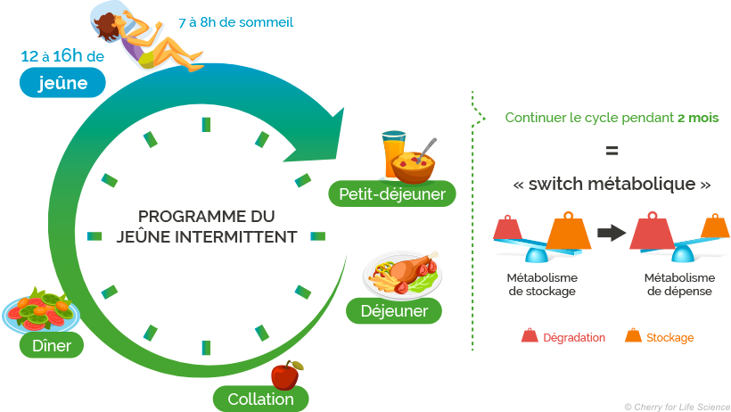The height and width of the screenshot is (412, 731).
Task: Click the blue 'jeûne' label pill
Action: pos(63,83)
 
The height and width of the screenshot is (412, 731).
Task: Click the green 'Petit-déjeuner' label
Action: pos(392,193)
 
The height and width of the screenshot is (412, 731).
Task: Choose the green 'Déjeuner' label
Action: pos(395,311)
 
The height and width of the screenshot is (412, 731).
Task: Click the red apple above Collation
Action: pos(285,375)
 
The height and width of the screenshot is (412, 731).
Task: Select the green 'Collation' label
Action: pos(260,399)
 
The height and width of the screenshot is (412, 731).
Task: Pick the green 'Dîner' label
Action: pos(52,344)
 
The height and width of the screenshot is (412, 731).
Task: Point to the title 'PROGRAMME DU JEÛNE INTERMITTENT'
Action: pos(206,227)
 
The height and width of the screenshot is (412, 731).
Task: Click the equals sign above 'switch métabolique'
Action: pos(612,150)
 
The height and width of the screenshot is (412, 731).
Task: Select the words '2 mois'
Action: pos(697,118)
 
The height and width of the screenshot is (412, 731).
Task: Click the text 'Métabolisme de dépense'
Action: pos(679,284)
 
